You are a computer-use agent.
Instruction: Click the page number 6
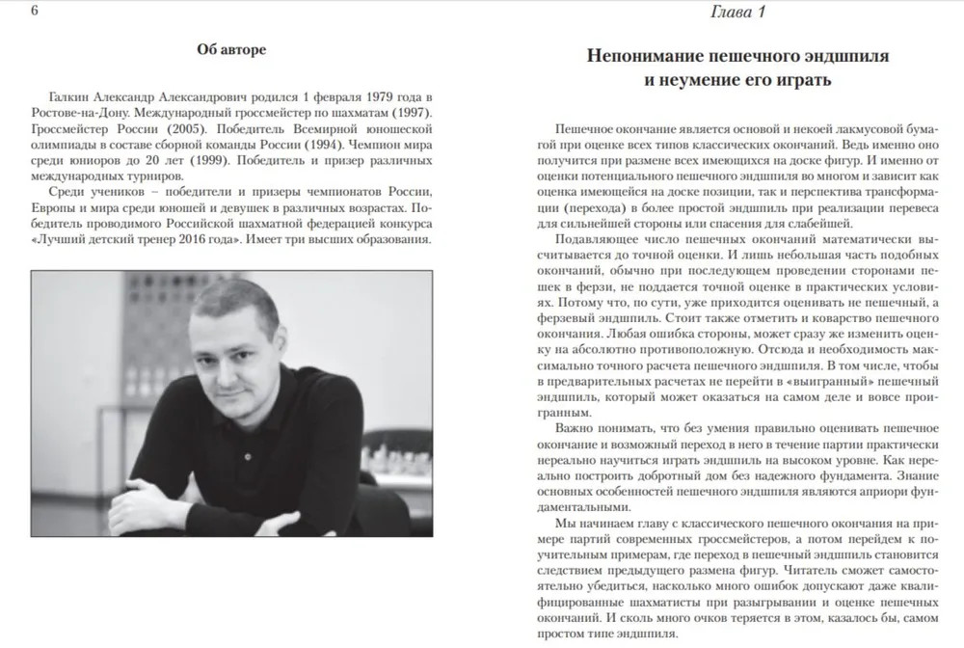tap(8, 12)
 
